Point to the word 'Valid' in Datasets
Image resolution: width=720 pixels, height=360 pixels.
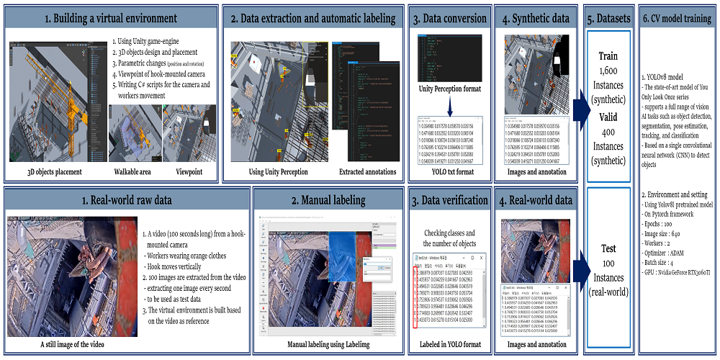coord(608,117)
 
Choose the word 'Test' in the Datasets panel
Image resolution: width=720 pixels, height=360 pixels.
coord(608,248)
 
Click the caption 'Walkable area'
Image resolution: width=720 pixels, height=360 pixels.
coord(134,172)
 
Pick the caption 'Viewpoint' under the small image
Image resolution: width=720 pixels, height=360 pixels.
coord(190,172)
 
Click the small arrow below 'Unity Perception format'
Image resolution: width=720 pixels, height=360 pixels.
coord(451,106)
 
